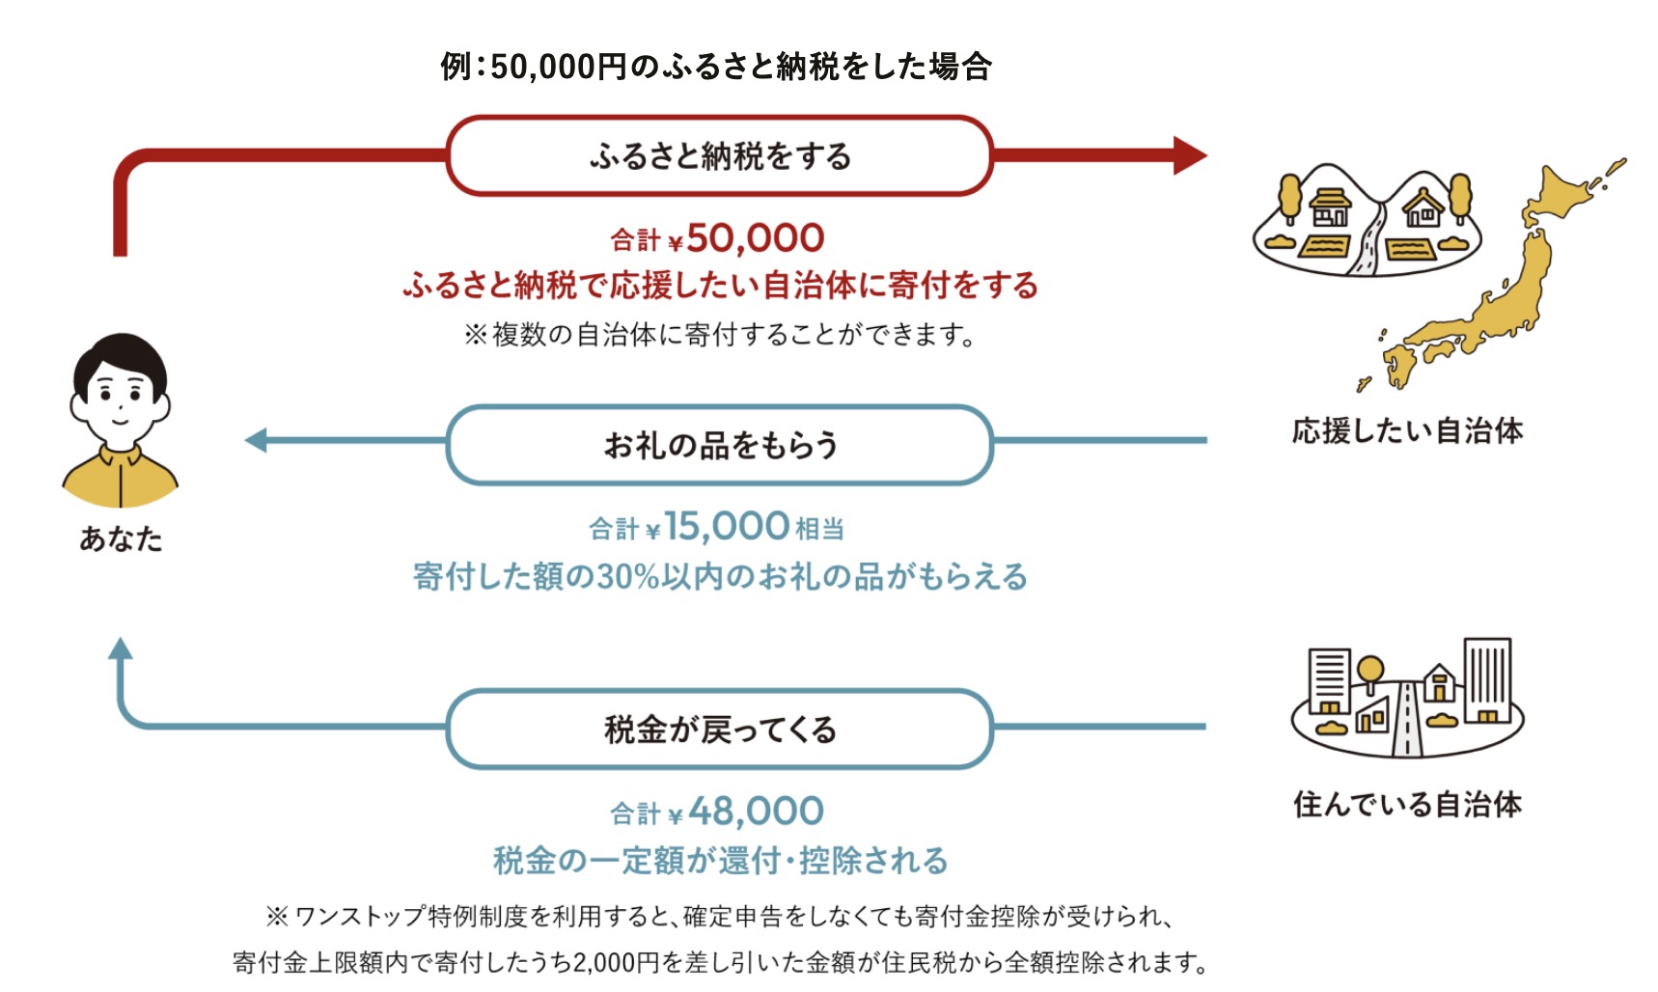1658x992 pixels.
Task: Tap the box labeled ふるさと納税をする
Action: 719,155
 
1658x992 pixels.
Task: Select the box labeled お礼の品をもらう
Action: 719,445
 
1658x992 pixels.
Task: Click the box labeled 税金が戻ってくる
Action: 719,730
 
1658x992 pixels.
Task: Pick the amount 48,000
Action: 756,812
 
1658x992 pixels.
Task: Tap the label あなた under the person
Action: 121,538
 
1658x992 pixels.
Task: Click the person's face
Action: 121,394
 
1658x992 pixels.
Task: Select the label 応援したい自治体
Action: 1407,430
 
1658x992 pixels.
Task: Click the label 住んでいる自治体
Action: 1407,804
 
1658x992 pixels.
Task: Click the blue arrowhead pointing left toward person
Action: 257,441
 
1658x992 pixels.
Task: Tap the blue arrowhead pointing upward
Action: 121,649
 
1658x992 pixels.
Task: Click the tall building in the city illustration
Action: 1486,679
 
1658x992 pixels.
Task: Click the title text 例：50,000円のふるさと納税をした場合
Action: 715,67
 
